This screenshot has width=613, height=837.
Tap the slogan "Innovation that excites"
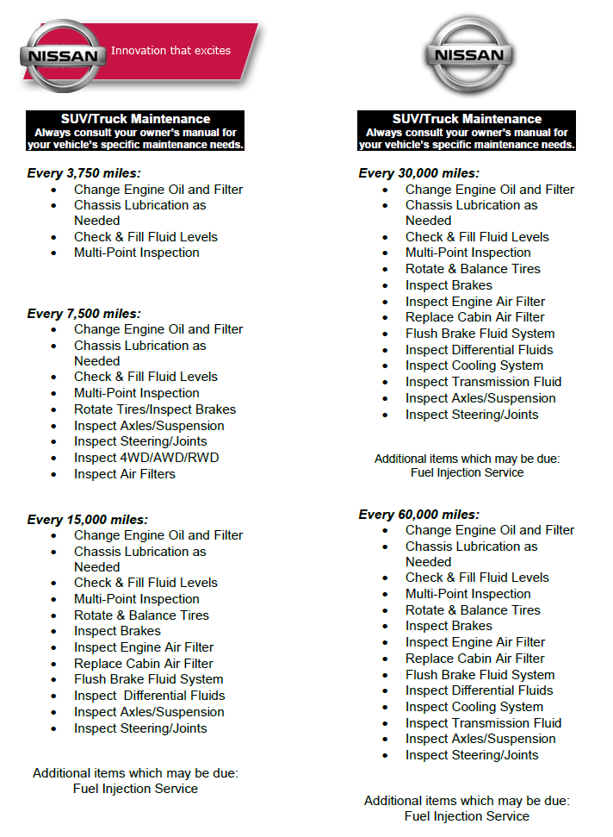tap(170, 51)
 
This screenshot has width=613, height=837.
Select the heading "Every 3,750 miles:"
tap(84, 173)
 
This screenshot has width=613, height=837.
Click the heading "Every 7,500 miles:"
tap(84, 314)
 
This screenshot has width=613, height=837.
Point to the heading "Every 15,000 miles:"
tap(87, 520)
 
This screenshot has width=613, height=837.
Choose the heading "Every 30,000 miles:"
tap(418, 173)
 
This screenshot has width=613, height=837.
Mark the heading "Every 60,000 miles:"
tap(418, 515)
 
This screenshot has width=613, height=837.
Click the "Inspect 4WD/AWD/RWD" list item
tap(146, 458)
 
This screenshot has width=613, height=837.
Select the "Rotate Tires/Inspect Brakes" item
tap(155, 409)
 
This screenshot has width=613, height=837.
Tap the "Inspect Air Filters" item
tap(125, 474)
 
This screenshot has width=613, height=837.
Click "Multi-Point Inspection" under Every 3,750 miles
tap(137, 253)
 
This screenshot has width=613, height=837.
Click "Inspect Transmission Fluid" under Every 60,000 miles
tap(483, 723)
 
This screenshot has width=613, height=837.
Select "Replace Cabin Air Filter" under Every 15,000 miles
tap(144, 664)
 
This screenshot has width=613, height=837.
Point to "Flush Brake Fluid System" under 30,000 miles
tap(480, 334)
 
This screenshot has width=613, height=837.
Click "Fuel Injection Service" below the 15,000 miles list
tap(135, 789)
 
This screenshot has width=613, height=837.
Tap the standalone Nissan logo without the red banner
tap(468, 55)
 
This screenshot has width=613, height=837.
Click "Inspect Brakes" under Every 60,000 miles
tap(449, 626)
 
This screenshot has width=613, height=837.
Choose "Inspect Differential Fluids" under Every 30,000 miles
tap(479, 350)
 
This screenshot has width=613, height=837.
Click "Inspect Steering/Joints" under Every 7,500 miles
tap(140, 441)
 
